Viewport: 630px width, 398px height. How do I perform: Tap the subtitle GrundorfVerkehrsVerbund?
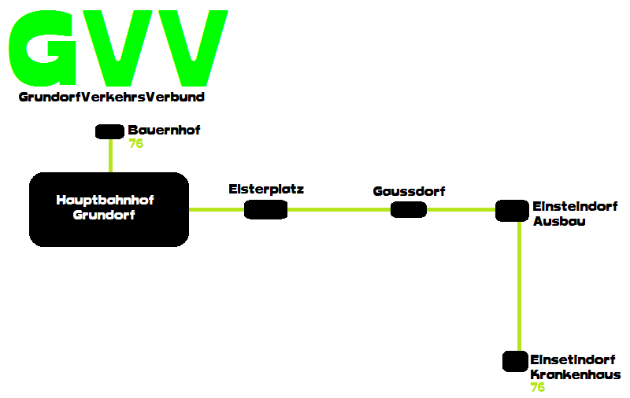111,97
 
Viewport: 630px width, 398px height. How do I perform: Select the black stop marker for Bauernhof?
109,131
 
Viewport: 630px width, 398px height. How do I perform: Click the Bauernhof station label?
164,130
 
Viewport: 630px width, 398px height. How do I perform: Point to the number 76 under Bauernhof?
135,143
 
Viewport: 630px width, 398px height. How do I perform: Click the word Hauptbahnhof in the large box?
105,200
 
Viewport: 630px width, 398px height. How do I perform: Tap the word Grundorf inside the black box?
104,215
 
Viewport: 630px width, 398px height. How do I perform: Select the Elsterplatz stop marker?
266,209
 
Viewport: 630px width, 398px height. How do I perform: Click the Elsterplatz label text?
266,189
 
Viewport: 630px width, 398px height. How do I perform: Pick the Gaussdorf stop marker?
409,209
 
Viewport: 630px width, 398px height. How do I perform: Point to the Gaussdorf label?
409,191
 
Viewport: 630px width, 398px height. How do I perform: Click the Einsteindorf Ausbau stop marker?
512,211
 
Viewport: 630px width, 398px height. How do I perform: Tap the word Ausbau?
559,221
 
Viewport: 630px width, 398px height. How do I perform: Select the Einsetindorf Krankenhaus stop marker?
515,362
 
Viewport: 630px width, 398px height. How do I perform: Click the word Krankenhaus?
576,374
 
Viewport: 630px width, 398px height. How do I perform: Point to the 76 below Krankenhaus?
538,387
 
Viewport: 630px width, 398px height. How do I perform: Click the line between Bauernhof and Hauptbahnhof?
110,156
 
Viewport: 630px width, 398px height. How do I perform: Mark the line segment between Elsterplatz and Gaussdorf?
339,209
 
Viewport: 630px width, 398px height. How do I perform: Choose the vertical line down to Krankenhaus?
519,286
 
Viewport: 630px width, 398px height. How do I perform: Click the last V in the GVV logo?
193,48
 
